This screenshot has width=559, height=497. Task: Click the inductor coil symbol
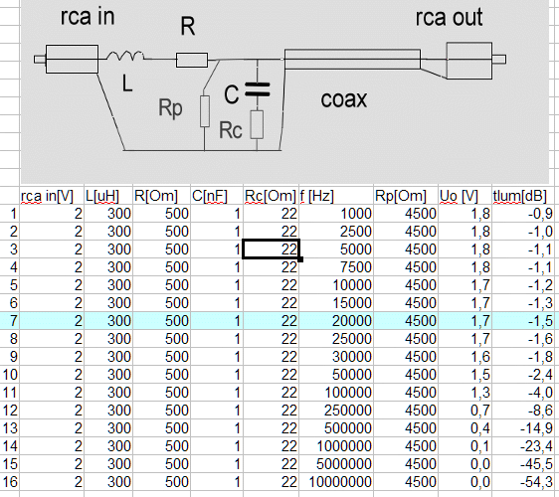(125, 56)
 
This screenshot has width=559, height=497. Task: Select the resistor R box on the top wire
(192, 60)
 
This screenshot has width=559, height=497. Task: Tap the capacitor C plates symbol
(258, 89)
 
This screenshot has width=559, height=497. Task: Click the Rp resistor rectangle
(205, 110)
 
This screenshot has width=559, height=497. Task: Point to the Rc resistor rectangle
(257, 124)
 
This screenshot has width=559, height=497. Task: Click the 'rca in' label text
(88, 16)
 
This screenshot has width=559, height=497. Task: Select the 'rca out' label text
(450, 17)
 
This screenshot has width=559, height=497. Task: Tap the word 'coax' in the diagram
(344, 99)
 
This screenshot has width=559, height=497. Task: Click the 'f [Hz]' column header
(316, 196)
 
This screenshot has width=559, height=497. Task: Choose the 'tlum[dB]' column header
(520, 196)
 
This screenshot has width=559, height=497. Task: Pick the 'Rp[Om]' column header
(401, 196)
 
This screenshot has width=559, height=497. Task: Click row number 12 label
(10, 411)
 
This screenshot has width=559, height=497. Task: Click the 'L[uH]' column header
(102, 196)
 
